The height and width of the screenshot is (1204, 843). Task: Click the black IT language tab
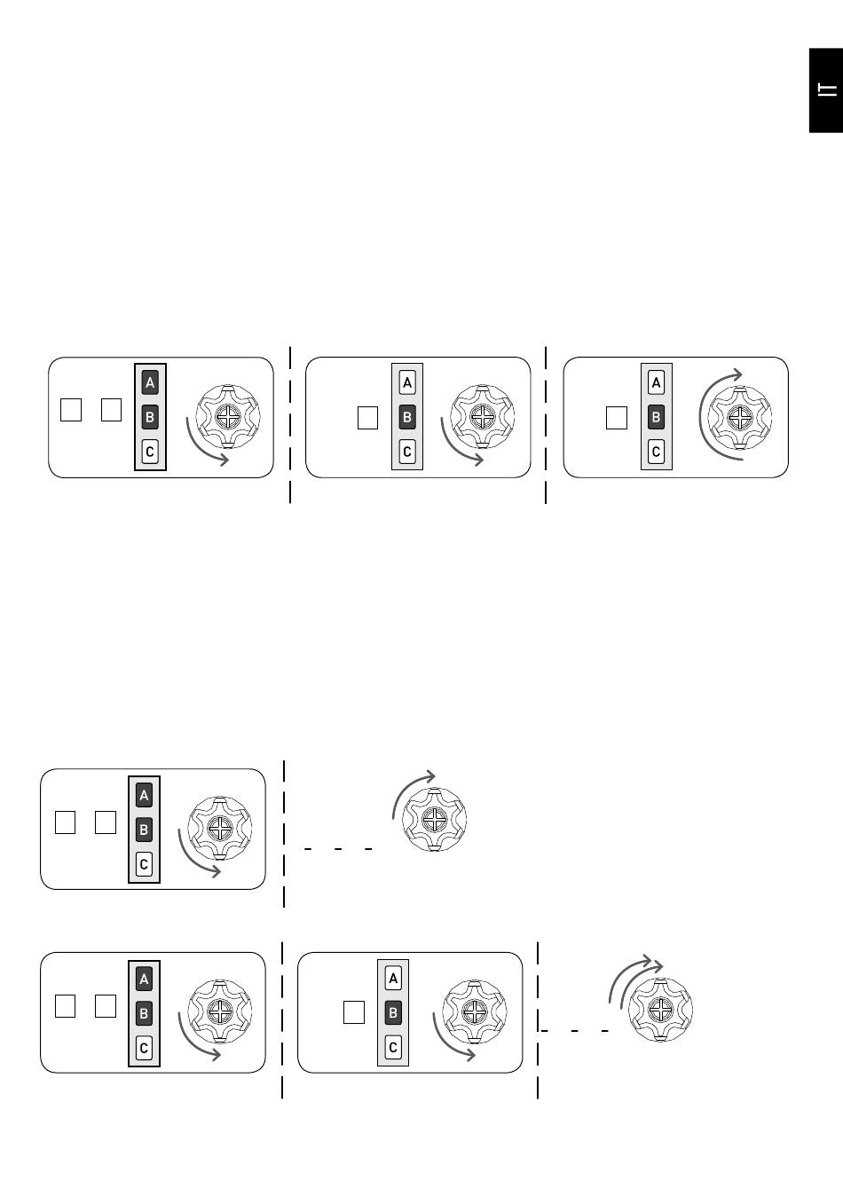click(x=826, y=90)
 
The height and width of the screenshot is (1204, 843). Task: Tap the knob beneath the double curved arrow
click(x=660, y=1010)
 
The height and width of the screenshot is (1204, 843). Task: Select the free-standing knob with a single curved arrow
click(x=435, y=820)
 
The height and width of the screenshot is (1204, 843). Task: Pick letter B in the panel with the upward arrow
click(x=656, y=417)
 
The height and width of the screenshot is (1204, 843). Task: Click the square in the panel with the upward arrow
click(x=616, y=418)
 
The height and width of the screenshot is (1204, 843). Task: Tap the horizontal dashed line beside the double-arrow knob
click(x=574, y=1031)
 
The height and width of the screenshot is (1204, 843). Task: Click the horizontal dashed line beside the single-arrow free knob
click(x=338, y=849)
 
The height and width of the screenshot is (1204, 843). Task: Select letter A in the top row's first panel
click(x=150, y=382)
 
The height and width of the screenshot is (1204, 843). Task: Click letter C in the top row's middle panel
click(x=407, y=451)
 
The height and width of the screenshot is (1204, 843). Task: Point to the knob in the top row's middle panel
click(x=482, y=416)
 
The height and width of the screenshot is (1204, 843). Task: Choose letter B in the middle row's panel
click(x=144, y=830)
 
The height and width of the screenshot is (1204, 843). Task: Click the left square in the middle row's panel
click(x=65, y=822)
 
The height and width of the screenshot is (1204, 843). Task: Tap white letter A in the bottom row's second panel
click(x=393, y=979)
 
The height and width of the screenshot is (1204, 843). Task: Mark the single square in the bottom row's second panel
click(x=354, y=1012)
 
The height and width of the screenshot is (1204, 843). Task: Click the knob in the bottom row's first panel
click(x=219, y=1011)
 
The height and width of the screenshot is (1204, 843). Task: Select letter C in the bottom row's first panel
click(x=144, y=1048)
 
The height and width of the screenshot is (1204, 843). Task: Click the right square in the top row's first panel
click(x=111, y=410)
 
